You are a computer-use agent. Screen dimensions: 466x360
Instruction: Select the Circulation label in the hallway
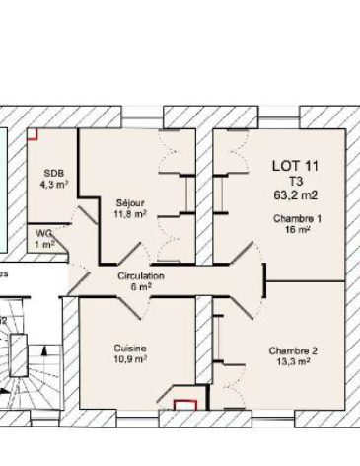coord(141,276)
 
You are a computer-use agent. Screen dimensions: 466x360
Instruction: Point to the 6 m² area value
coord(141,287)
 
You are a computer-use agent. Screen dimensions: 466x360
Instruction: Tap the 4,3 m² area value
coord(52,183)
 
